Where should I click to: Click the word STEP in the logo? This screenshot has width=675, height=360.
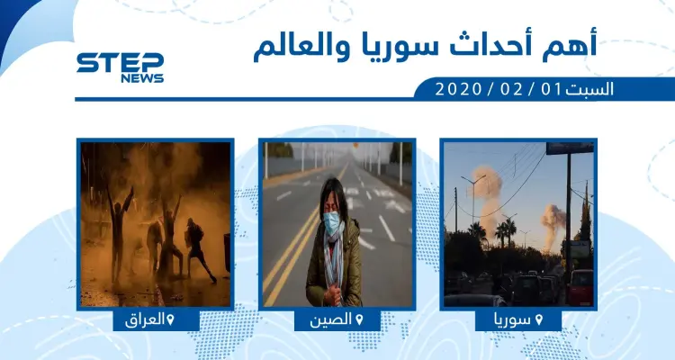(120, 63)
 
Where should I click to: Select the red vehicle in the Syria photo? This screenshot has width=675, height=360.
(581, 288)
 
